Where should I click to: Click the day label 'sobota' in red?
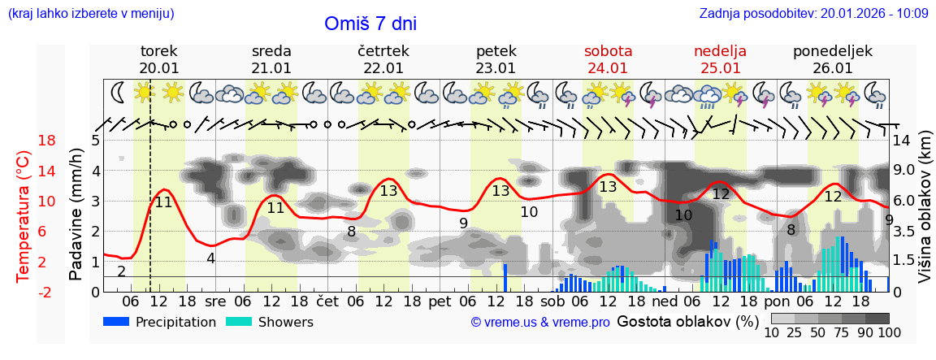point(608,50)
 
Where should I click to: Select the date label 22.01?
point(383,68)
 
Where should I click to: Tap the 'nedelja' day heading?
point(720,50)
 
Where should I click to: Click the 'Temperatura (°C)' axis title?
point(23,216)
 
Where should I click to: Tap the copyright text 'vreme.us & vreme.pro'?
point(540,323)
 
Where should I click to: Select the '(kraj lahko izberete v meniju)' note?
point(90,13)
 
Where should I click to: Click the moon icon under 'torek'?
point(119,93)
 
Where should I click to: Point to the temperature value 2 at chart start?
point(121,271)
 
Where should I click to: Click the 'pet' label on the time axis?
point(440,300)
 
